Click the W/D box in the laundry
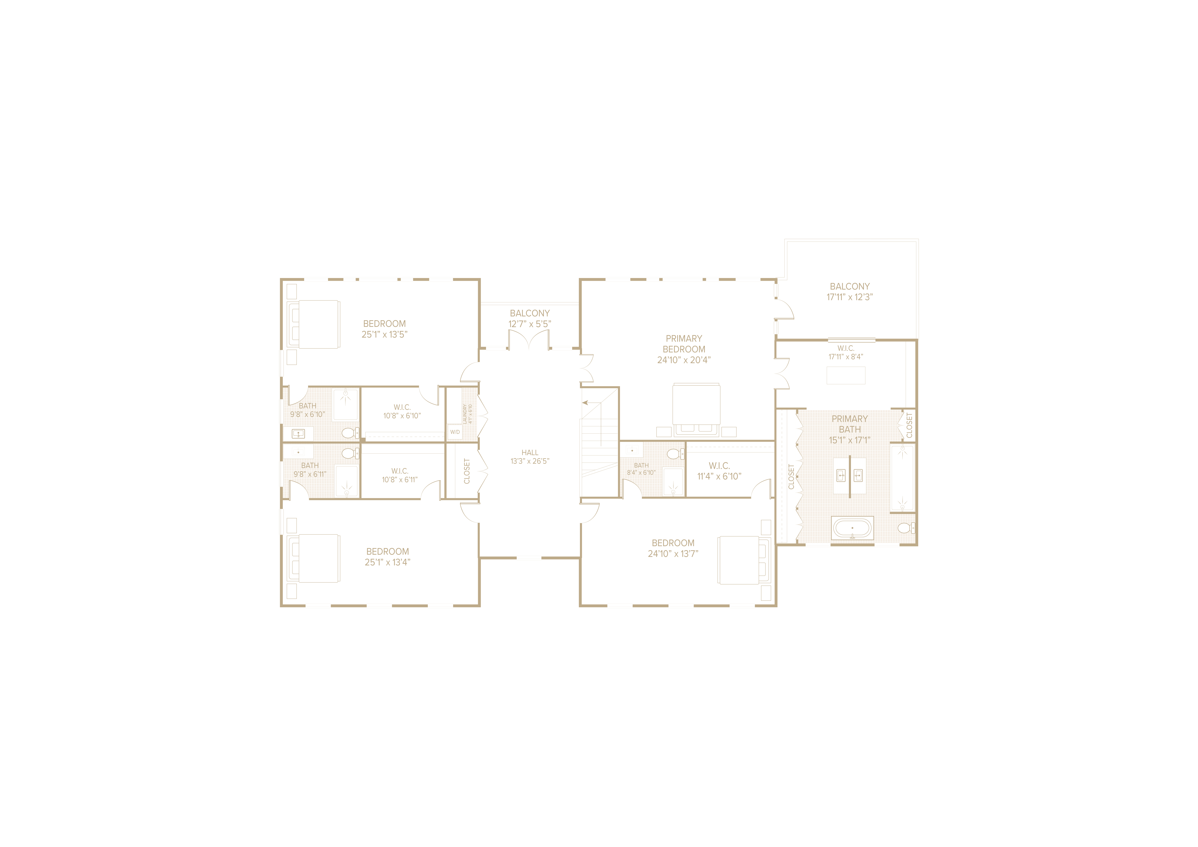point(455,432)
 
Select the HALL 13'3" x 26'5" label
point(530,457)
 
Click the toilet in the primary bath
point(906,528)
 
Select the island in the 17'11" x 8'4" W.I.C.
point(846,376)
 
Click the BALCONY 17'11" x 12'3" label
point(850,291)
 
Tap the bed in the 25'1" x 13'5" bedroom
point(313,324)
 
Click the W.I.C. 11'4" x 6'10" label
point(719,471)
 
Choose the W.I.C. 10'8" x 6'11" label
point(400,475)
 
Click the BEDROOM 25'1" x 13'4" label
point(388,556)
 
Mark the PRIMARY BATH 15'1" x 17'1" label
point(850,429)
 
